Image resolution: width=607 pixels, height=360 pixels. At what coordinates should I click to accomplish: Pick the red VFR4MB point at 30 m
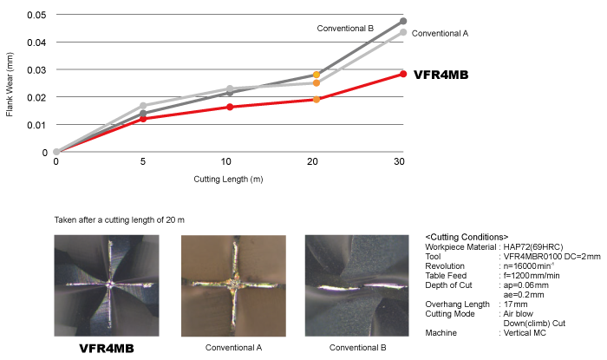tap(402, 74)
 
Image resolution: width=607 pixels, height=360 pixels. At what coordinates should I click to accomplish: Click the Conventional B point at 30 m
tap(402, 21)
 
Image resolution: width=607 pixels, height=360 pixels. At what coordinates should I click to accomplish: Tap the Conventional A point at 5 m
tap(143, 106)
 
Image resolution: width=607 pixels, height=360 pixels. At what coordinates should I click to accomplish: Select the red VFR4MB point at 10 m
tap(229, 107)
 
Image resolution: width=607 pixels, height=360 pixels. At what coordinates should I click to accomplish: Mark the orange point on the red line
tap(317, 99)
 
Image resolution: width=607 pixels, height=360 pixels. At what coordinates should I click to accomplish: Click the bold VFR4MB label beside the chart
tap(441, 75)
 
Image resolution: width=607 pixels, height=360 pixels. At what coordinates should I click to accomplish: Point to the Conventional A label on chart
tap(439, 33)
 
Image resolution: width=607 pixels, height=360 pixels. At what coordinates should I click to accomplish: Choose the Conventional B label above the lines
tap(344, 28)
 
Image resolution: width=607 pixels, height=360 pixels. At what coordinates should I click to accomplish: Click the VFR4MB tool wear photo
tap(106, 284)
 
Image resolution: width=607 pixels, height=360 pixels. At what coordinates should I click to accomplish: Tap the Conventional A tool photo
tap(233, 284)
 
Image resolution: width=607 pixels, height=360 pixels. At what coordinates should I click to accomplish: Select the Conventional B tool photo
tap(358, 284)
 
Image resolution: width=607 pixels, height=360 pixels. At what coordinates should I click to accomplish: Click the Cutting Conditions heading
tap(467, 237)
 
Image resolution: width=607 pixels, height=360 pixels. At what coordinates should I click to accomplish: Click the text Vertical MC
tap(528, 333)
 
